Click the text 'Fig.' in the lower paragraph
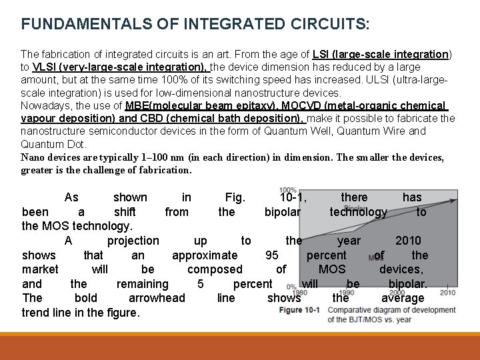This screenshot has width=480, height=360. (x=235, y=197)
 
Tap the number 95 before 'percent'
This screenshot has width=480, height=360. (x=272, y=255)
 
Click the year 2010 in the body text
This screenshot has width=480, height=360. (x=408, y=241)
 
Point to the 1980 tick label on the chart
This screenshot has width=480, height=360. (x=299, y=292)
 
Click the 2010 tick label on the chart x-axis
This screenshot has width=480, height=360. (x=447, y=292)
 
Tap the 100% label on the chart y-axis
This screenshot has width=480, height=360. (x=288, y=191)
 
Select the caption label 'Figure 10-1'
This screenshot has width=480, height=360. (x=300, y=311)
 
